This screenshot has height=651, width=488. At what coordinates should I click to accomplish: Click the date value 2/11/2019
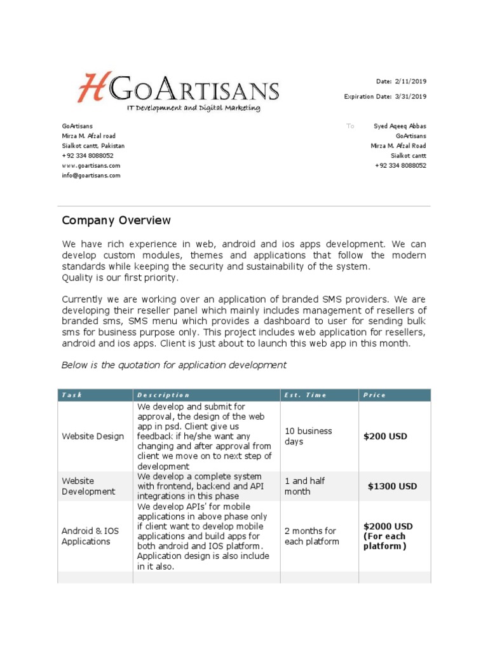(410, 81)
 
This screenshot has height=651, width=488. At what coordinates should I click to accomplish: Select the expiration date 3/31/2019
(410, 97)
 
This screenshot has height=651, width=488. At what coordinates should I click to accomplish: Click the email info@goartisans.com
(91, 175)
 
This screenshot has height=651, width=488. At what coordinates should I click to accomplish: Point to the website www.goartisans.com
(91, 165)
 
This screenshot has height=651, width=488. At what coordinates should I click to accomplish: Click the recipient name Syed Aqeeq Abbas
(400, 126)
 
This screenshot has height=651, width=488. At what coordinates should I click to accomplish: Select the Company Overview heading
(116, 221)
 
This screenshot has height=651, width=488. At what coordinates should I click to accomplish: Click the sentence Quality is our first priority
(120, 277)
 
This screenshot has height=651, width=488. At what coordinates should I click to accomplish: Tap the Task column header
(72, 395)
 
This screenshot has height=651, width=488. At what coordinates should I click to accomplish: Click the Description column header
(163, 395)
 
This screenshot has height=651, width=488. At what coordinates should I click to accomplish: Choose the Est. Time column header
(306, 395)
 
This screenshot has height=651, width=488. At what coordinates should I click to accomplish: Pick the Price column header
(374, 395)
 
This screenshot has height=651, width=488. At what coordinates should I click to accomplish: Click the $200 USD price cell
(385, 437)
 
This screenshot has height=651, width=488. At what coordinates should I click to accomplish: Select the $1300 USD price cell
(392, 486)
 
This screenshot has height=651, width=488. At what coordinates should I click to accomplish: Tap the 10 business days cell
(308, 436)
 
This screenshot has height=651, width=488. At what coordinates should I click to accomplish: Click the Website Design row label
(93, 437)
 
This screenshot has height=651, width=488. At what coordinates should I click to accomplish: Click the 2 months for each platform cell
(311, 536)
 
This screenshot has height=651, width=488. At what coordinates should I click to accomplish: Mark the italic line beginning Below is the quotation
(173, 365)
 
